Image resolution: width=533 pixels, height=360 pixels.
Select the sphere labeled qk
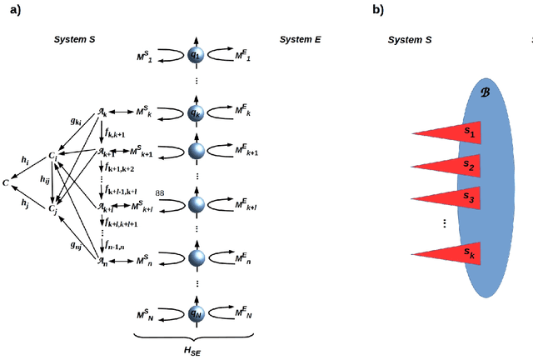click(x=195, y=112)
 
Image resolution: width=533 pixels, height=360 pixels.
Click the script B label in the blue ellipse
click(x=486, y=92)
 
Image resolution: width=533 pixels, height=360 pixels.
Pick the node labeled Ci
click(x=52, y=155)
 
